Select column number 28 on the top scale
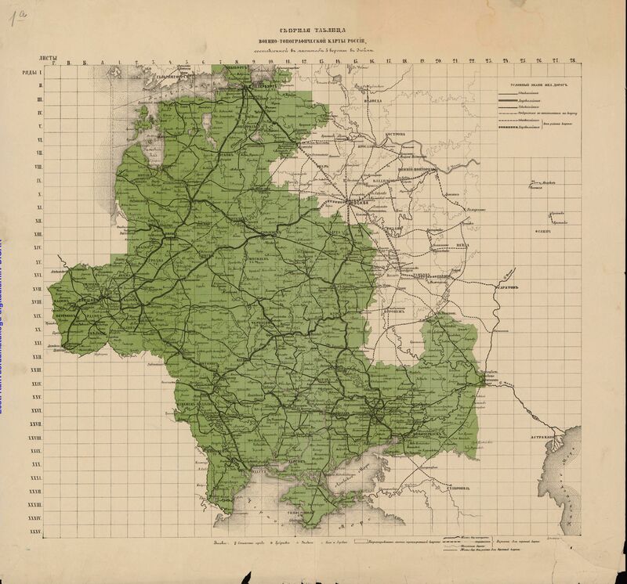click(x=573, y=61)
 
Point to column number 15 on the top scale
click(x=356, y=61)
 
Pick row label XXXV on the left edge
click(x=34, y=532)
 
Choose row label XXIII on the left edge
click(x=34, y=370)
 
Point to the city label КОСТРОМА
click(x=393, y=134)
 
